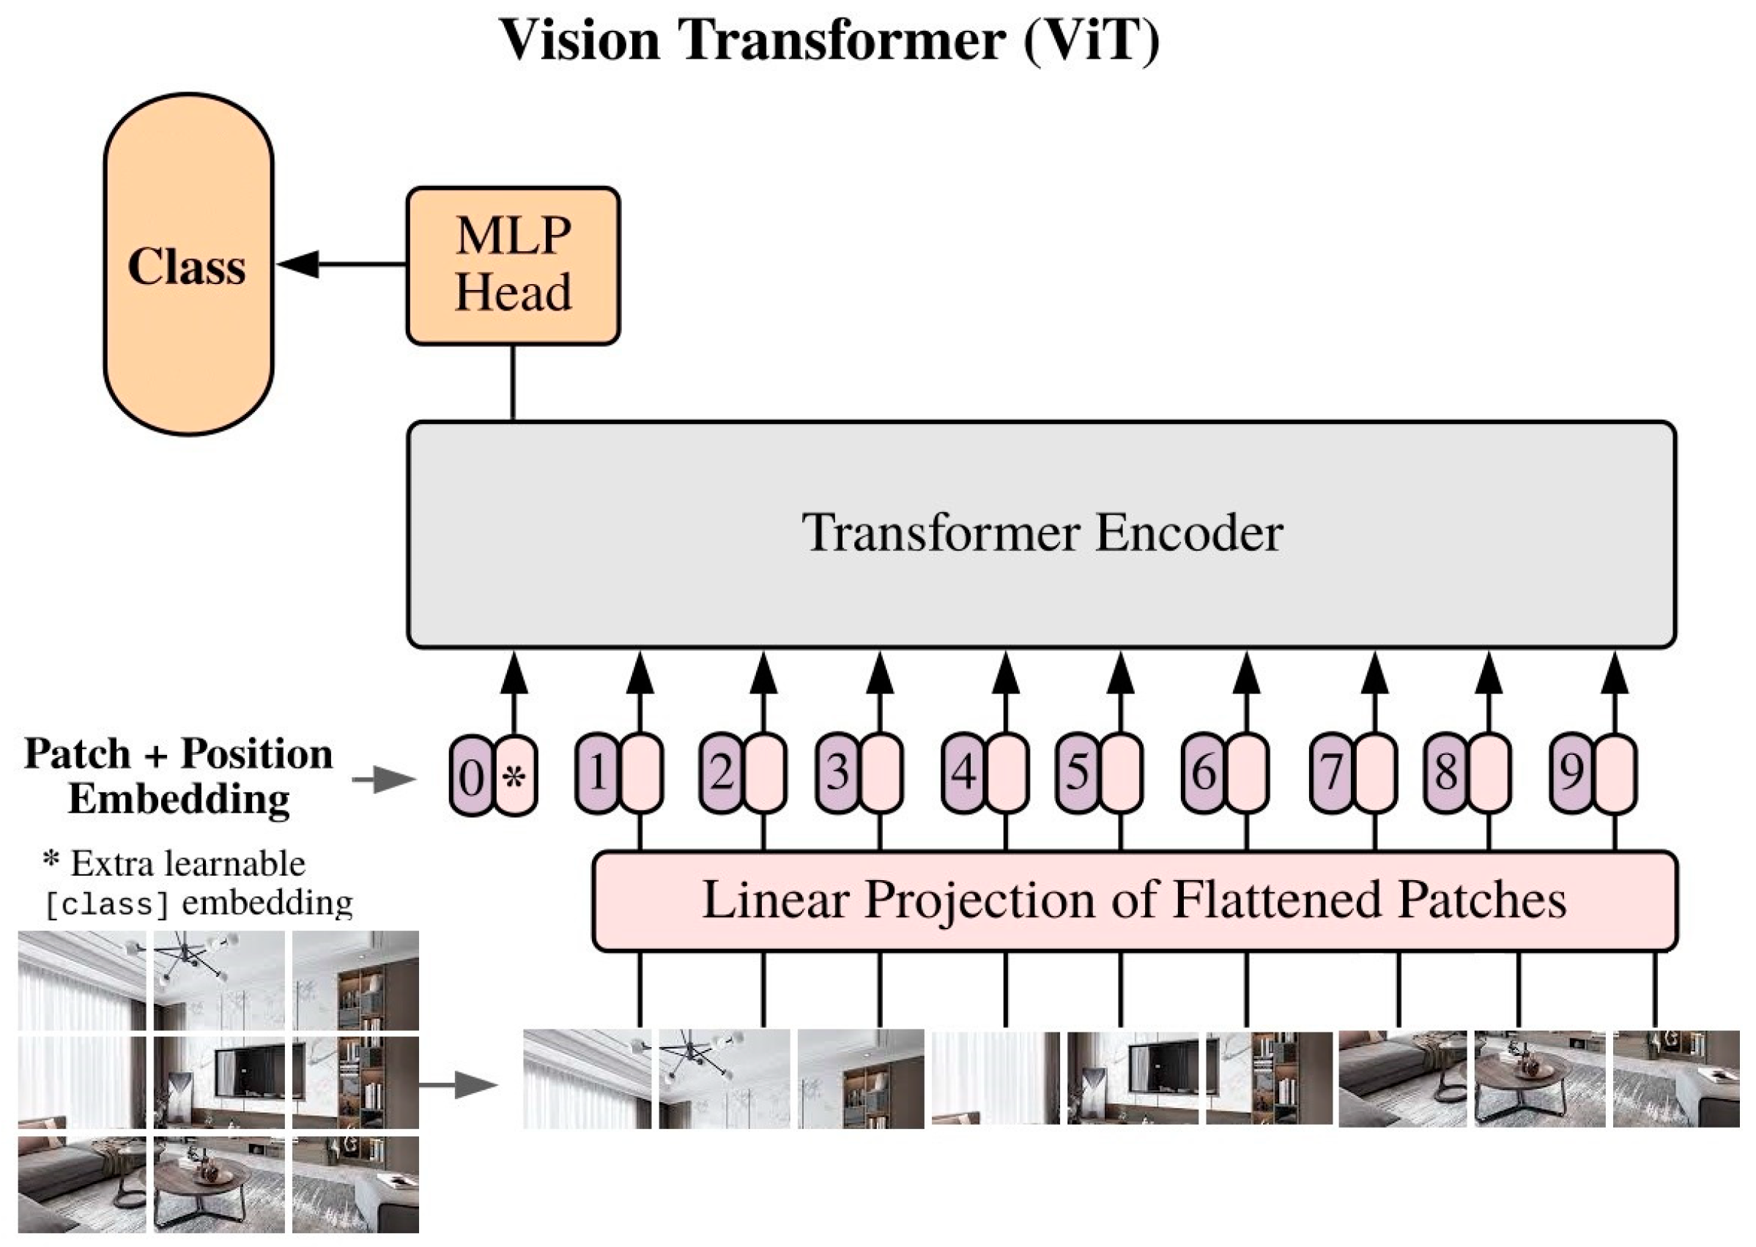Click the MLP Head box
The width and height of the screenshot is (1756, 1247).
coord(513,266)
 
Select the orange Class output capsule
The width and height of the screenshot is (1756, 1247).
coord(188,264)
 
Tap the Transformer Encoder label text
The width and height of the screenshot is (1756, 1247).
coord(1042,532)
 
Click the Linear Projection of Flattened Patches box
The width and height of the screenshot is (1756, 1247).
coord(1135,901)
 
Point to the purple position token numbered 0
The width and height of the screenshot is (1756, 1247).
coord(470,775)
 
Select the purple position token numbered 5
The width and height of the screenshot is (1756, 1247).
coord(1077,773)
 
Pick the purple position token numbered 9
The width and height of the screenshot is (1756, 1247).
coord(1571,773)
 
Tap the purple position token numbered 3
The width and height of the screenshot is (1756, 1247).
coord(837,773)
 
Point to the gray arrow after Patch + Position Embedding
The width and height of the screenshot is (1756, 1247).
coord(383,779)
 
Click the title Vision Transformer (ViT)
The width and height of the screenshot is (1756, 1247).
coord(829,40)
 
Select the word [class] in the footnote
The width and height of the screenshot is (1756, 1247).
coord(107,904)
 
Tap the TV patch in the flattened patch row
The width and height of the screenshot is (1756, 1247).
coord(1132,1078)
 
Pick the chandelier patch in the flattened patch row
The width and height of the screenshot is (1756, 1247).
coord(724,1078)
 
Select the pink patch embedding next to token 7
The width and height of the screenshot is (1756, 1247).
coord(1374,773)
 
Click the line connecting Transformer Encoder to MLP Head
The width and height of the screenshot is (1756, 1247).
coord(512,382)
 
